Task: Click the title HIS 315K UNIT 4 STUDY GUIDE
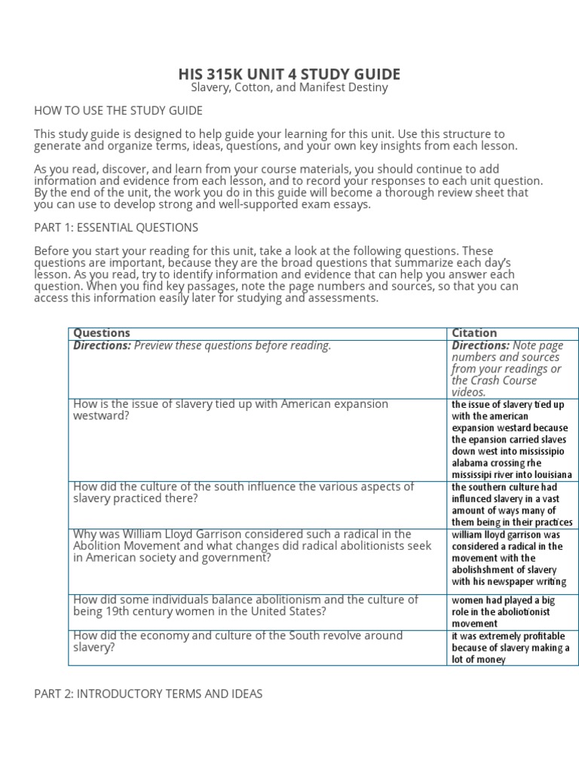[x=289, y=74]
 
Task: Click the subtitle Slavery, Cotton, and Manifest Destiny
[x=289, y=88]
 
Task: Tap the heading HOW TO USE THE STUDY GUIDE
[x=118, y=111]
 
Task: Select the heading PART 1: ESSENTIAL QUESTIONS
[x=116, y=227]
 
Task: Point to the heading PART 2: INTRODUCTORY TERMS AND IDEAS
[x=149, y=694]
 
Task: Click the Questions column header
[x=102, y=332]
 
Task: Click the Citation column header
[x=474, y=332]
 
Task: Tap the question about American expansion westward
[x=231, y=409]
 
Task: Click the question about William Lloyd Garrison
[x=252, y=546]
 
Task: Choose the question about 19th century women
[x=245, y=605]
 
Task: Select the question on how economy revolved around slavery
[x=237, y=641]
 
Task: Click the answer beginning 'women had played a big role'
[x=503, y=611]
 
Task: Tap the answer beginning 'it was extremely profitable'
[x=510, y=648]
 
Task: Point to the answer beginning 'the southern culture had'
[x=510, y=504]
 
